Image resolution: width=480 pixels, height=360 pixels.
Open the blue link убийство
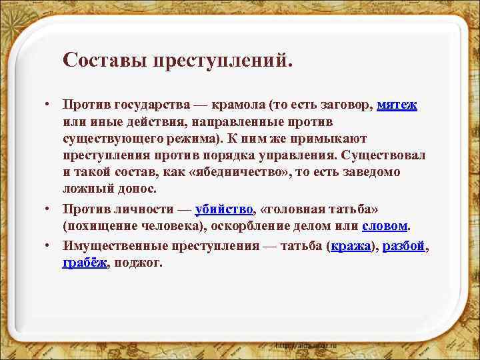click(x=224, y=210)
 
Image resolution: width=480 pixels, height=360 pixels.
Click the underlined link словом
click(x=385, y=227)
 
